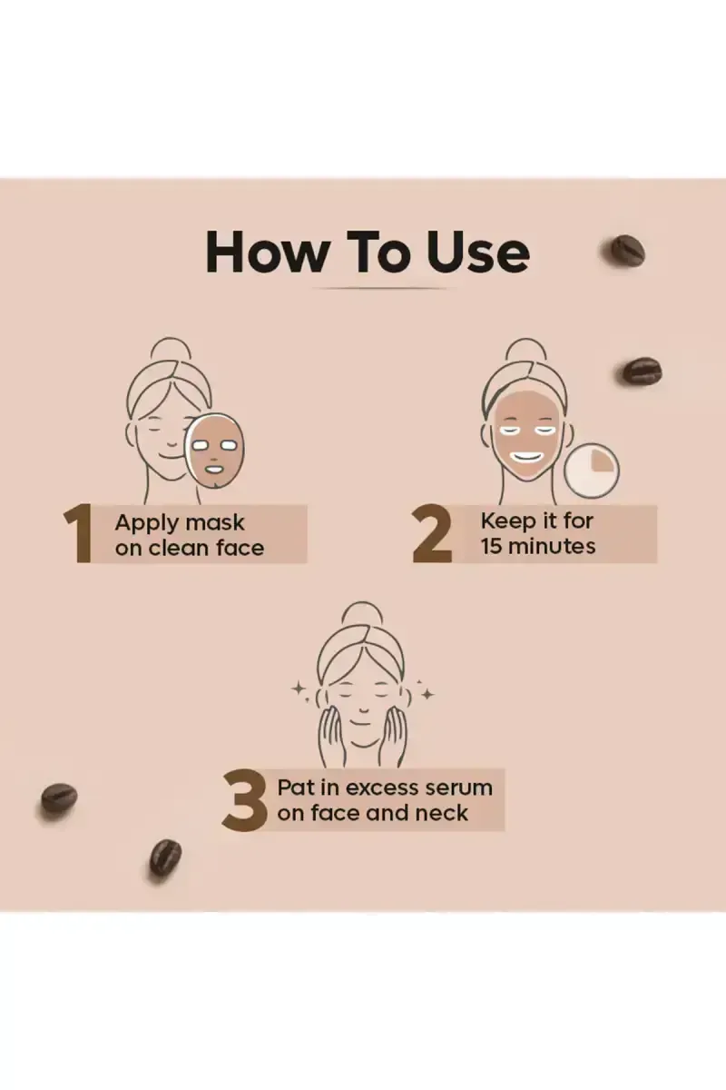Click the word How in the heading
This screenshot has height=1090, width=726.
[x=267, y=252]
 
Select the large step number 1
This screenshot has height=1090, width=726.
[x=78, y=533]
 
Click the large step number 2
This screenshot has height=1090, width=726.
[x=432, y=534]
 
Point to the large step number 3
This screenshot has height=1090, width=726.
[x=244, y=799]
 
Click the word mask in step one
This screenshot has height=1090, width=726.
[x=215, y=522]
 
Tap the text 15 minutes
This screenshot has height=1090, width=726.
[x=538, y=546]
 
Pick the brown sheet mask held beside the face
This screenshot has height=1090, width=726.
[x=215, y=451]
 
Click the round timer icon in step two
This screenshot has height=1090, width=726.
[x=592, y=471]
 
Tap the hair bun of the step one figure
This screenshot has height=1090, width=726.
[x=171, y=350]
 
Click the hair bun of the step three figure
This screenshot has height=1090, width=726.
[x=362, y=614]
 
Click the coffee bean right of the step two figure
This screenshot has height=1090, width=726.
[x=643, y=371]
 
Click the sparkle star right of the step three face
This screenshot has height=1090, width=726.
[x=427, y=694]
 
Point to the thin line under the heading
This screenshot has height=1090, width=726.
[x=379, y=289]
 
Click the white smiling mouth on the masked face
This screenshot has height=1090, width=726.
[x=526, y=458]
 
